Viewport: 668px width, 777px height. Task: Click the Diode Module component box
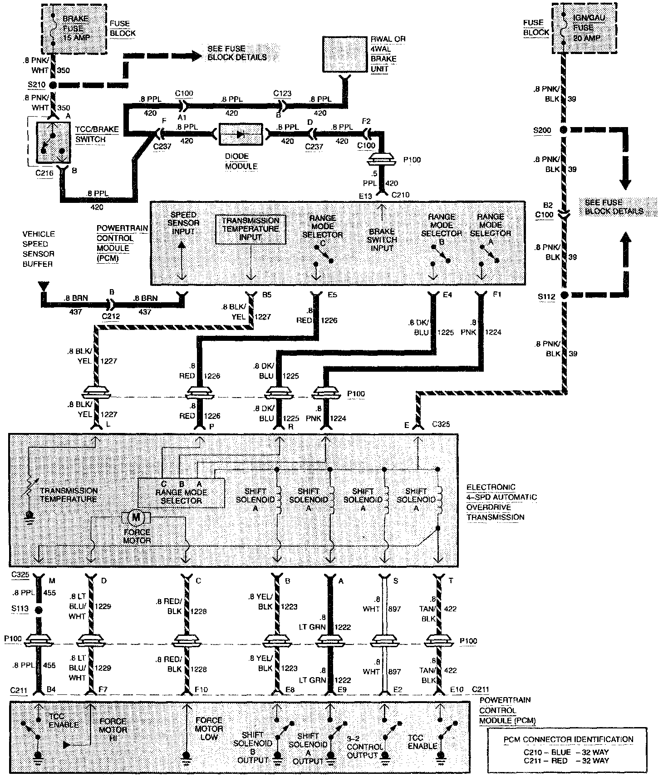(241, 134)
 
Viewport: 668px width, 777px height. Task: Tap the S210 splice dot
(53, 85)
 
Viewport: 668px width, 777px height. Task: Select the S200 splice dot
(564, 130)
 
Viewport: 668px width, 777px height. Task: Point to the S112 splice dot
(564, 295)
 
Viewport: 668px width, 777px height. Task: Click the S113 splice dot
(39, 610)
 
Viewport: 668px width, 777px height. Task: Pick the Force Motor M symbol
(136, 517)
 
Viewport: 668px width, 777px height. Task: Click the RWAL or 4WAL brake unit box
(345, 54)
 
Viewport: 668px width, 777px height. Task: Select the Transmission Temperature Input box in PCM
(250, 229)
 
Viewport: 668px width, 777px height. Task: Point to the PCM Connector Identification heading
(568, 739)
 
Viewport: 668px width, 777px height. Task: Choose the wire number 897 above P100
(394, 609)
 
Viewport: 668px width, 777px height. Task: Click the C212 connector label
(111, 316)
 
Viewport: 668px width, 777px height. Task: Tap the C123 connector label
(282, 94)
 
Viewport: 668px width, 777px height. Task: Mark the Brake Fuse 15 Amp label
(75, 28)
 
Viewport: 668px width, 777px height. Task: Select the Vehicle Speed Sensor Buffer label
(39, 249)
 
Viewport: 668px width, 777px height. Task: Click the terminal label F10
(201, 690)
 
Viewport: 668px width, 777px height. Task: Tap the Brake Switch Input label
(382, 240)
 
